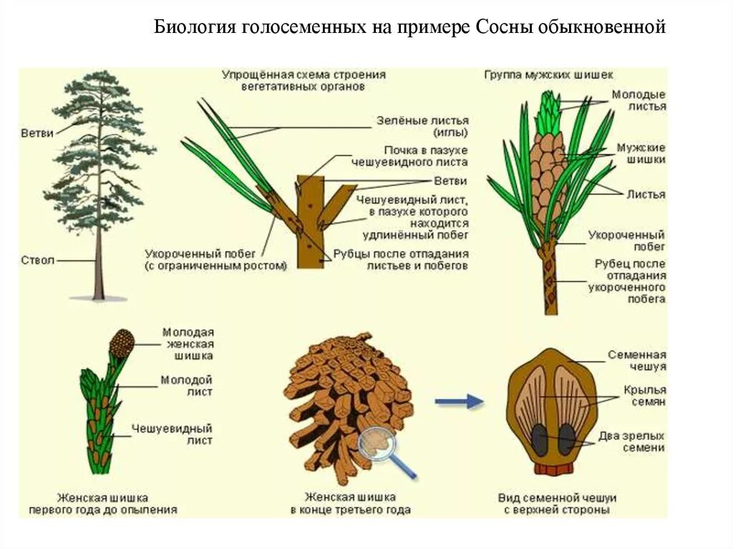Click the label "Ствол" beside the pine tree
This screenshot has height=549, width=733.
37,261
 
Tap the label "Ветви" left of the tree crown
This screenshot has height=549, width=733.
37,134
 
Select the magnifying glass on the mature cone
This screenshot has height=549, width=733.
379,447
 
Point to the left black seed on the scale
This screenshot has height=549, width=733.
539,439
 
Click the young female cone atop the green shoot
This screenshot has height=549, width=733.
122,343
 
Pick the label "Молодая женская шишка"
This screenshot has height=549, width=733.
188,344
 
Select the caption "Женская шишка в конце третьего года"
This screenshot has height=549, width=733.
350,503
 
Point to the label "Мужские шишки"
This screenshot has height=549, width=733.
641,154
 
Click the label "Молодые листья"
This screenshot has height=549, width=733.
639,100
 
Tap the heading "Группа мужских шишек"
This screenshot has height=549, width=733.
548,74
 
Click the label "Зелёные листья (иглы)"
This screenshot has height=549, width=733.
422,127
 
